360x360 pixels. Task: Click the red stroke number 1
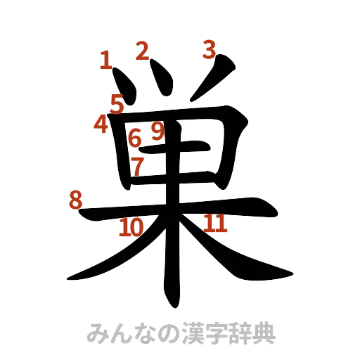105,59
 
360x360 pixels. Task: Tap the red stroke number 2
143,51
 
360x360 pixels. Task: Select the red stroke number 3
210,49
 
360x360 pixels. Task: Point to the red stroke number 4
101,124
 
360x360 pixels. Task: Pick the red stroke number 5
116,103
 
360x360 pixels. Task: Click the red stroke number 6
135,138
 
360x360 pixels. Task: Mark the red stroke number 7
138,166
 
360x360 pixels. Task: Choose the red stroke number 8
75,200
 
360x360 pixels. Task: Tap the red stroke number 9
157,130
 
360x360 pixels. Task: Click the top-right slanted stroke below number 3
214,81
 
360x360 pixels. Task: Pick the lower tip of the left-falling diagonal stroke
70,277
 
